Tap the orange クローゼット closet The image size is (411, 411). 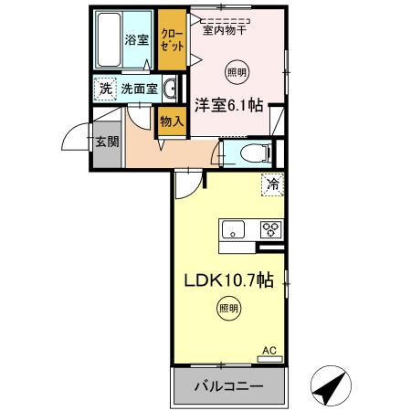(x=171, y=39)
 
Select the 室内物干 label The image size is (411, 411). (x=225, y=30)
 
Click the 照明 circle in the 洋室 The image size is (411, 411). (x=237, y=71)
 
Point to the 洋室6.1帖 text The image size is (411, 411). (x=227, y=105)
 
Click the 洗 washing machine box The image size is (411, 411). (x=106, y=89)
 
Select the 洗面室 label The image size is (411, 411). (x=140, y=90)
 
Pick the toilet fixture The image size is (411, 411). (x=251, y=153)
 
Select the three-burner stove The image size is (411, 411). (x=272, y=229)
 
